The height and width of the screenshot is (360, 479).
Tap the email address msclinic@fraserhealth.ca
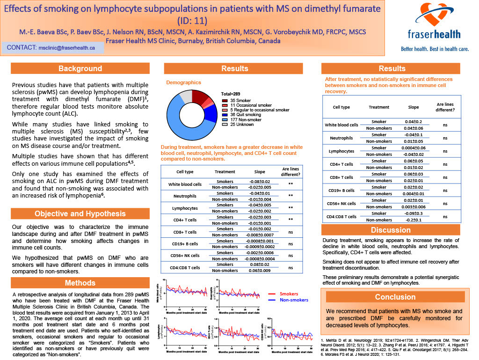tap(67, 47)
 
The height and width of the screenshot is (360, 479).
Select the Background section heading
tap(80, 69)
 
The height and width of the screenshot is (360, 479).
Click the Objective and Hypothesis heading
tap(80, 214)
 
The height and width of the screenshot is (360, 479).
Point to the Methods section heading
tap(80, 282)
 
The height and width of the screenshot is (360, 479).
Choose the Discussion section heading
tap(391, 230)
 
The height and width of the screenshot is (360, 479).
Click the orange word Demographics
tap(184, 82)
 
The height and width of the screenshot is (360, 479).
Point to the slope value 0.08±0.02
tap(259, 264)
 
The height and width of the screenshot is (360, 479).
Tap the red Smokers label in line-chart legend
tap(289, 294)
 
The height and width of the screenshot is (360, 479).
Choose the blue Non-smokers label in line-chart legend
tap(294, 300)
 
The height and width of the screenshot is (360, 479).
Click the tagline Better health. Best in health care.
tap(435, 49)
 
